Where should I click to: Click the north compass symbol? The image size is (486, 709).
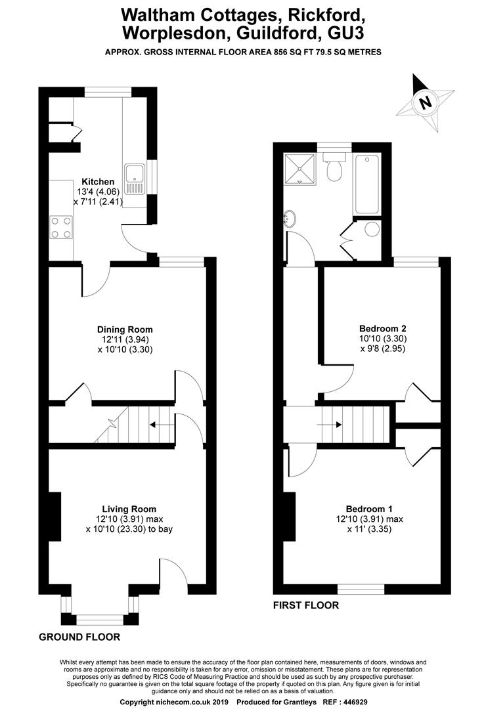tap(425, 102)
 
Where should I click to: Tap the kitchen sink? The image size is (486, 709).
tap(135, 179)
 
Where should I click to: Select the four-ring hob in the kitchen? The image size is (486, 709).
tap(61, 227)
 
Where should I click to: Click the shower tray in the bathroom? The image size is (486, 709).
tap(299, 168)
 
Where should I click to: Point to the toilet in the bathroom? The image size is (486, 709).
tap(334, 166)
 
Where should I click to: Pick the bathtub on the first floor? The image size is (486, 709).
tap(368, 184)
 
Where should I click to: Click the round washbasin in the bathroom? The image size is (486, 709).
tap(290, 219)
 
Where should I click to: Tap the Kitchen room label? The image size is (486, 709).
tap(98, 182)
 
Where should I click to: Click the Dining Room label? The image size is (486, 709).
tap(125, 330)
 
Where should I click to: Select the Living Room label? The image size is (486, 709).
tap(129, 509)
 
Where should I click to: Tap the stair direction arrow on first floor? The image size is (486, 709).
tap(330, 425)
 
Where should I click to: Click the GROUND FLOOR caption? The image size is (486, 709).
tap(79, 637)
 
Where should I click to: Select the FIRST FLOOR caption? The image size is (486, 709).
tap(306, 605)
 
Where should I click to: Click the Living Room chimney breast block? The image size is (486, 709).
tap(55, 516)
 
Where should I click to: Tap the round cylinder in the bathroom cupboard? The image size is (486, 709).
tap(372, 229)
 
